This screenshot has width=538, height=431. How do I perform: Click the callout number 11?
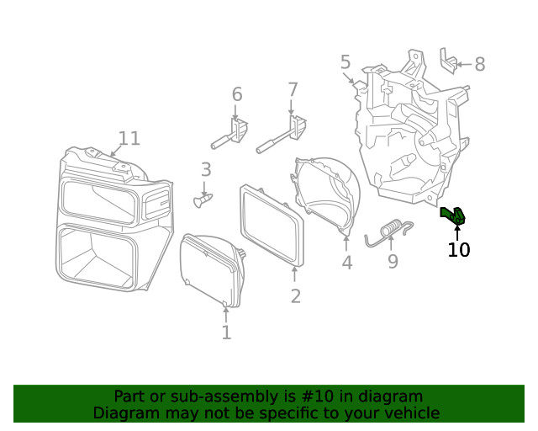129,138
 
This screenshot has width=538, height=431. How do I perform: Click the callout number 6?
237,94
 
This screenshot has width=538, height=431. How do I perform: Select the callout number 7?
293,89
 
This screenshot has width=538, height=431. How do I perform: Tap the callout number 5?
345,61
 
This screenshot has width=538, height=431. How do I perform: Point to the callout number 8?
480,64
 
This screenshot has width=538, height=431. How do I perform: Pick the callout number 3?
206,170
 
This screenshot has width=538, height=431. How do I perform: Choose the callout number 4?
347,263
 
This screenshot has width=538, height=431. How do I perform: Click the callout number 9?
393,262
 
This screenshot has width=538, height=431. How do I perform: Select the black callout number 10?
459,249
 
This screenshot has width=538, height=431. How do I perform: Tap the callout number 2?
295,295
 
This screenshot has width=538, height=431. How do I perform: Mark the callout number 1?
226,333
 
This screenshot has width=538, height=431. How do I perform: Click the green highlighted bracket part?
453,216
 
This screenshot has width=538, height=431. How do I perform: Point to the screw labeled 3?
203,200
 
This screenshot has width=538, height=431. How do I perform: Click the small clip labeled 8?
447,61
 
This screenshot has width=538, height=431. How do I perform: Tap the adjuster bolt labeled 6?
231,136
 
